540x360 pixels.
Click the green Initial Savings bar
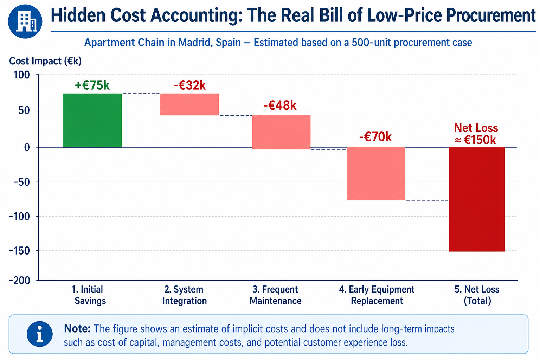pos(92,120)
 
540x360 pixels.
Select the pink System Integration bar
pos(189,104)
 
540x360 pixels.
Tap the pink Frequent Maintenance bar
pos(281,132)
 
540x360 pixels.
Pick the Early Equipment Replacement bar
pos(376,174)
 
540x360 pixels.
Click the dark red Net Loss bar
pos(477,199)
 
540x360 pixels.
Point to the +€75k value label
pos(92,85)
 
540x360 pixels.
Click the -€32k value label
pos(189,85)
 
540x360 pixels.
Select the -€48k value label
pos(279,105)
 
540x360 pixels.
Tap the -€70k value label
pos(375,137)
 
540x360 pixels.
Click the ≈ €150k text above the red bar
pos(475,140)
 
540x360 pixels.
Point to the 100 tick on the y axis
pos(21,75)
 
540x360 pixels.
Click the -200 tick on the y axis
pos(20,281)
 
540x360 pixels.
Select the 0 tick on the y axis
pos(27,147)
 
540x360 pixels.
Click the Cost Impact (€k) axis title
pos(45,61)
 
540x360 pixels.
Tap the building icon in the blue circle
pos(26,22)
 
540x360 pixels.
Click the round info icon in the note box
pos(39,334)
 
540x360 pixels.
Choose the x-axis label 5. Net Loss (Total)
pos(477,295)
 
